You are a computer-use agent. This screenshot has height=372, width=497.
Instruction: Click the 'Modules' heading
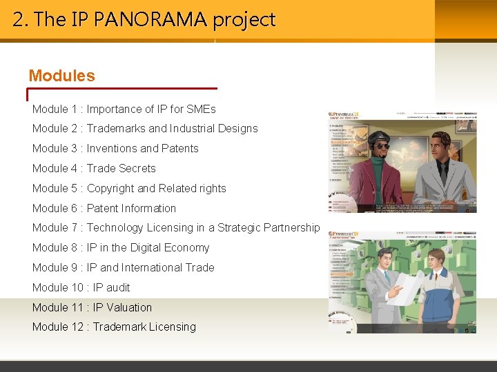tap(61, 76)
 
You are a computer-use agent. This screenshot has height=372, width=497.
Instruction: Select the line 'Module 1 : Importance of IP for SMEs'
tap(124, 109)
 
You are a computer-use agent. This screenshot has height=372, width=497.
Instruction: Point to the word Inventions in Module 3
tap(112, 149)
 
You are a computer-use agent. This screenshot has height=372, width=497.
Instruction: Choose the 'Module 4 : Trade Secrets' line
tap(94, 169)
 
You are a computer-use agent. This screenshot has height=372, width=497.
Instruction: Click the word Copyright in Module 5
tap(110, 189)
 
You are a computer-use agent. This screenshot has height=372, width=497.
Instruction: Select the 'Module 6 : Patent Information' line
tap(104, 208)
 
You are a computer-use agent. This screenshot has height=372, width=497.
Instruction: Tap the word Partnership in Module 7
tap(292, 228)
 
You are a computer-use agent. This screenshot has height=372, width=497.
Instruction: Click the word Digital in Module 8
tap(146, 248)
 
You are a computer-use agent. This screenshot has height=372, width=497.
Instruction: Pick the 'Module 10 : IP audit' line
tap(81, 288)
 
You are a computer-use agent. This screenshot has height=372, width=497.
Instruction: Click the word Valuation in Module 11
tap(129, 308)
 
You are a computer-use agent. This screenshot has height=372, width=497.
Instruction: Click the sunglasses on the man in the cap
tap(378, 146)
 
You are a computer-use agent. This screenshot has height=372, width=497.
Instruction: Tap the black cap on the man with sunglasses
tap(377, 135)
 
